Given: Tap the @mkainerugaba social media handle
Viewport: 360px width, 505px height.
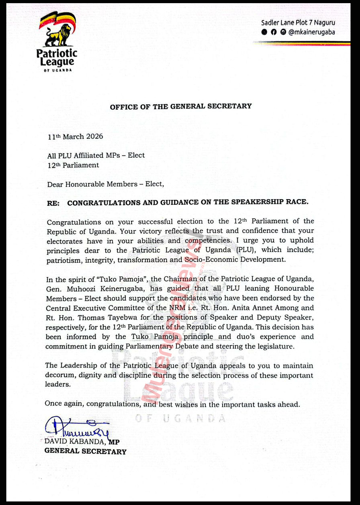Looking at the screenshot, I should pos(311,32).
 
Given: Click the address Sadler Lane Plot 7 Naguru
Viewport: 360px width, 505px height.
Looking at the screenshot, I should pos(298,23).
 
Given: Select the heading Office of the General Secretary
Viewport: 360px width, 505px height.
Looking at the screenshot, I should pos(180,106).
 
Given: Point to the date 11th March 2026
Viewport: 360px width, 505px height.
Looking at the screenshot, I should pos(75,137).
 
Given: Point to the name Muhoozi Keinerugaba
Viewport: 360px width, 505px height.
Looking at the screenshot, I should pos(105,289).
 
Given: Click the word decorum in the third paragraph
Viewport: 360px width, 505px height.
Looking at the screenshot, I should pos(59,375).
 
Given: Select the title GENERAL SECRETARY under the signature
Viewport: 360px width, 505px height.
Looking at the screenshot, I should pos(85,451).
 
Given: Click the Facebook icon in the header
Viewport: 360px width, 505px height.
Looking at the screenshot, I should pos(273,32).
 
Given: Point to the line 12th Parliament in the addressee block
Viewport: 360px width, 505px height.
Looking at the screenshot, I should pos(73,165).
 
